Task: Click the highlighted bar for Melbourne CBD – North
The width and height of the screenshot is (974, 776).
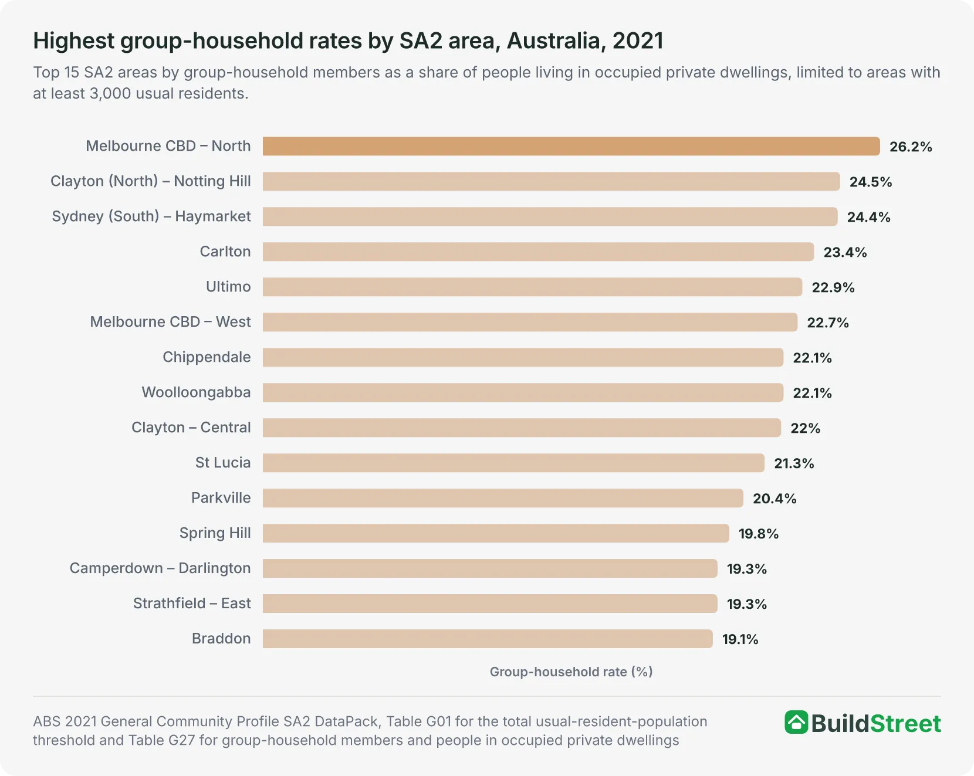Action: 571,146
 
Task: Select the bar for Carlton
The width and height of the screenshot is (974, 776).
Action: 539,252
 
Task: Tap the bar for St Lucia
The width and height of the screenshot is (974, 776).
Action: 513,463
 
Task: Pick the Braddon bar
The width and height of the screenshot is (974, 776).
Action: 488,639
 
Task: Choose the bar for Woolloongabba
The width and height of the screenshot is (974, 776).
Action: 523,392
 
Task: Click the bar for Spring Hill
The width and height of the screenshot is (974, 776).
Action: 496,533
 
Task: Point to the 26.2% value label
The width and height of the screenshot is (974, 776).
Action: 911,147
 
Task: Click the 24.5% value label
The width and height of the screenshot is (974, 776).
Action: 871,182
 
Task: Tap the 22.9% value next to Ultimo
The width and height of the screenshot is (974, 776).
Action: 833,287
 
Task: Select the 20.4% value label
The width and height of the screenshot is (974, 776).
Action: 775,499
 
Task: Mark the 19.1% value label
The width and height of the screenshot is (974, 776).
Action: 740,639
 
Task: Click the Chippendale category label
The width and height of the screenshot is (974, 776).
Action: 207,357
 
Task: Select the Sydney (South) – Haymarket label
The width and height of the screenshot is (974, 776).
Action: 151,216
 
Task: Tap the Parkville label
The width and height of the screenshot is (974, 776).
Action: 221,498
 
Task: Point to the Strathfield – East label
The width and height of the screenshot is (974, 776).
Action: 192,604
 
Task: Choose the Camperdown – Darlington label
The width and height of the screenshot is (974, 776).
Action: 160,568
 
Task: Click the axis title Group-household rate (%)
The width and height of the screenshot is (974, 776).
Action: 571,672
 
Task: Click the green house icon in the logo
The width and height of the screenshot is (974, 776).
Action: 796,723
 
